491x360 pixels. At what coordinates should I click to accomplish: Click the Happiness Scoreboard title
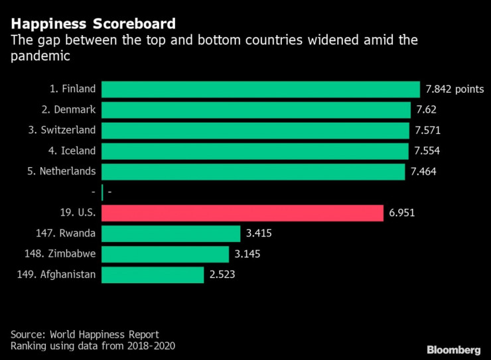coord(94,25)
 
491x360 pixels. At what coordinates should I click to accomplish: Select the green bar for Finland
coord(261,90)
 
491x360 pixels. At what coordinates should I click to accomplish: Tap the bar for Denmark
coord(256,110)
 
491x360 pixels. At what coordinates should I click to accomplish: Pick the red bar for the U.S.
coord(243,213)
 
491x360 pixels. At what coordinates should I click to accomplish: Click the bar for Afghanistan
coord(153,274)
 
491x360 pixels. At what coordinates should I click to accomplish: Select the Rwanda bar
coord(171,233)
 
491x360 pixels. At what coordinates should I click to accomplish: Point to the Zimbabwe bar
coord(165,254)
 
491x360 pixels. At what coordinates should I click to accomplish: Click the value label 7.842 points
coord(454,90)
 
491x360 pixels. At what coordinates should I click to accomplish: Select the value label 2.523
coord(224,274)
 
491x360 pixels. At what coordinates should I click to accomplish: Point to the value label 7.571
coord(426,131)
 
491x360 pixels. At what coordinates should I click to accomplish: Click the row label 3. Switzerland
coord(62,130)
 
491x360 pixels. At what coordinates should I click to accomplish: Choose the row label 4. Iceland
coord(72,150)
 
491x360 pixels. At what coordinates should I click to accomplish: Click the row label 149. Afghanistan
coord(58,274)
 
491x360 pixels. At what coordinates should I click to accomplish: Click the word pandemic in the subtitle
coord(40,56)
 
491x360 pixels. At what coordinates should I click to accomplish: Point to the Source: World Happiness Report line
coord(85,334)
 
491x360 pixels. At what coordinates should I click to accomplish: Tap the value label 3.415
coord(259,233)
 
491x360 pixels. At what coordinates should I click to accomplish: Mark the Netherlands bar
coord(253,172)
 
